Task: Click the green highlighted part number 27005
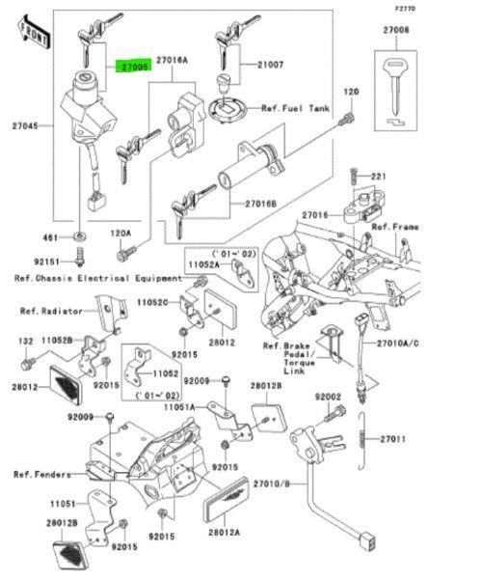[x=133, y=68]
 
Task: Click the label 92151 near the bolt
[x=47, y=262]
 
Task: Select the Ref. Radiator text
[x=55, y=312]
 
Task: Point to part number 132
[x=25, y=342]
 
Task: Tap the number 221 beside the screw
[x=379, y=177]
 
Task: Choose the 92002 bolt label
[x=329, y=397]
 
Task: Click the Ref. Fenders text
[x=41, y=474]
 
